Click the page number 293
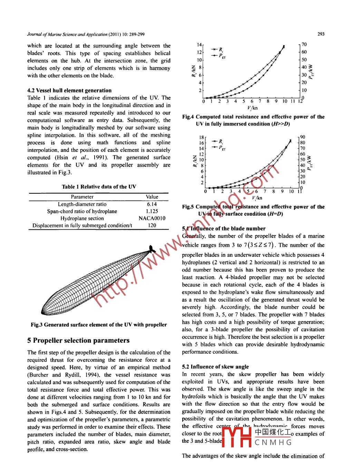pyautogui.click(x=321, y=34)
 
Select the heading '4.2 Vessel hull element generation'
pyautogui.click(x=69, y=91)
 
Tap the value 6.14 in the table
pyautogui.click(x=152, y=204)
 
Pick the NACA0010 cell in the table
pyautogui.click(x=152, y=218)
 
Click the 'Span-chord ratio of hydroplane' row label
pyautogui.click(x=82, y=211)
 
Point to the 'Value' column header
pyautogui.click(x=152, y=197)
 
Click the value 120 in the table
pyautogui.click(x=152, y=225)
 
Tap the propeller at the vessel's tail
pyautogui.click(x=151, y=249)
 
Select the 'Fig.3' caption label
pyautogui.click(x=37, y=325)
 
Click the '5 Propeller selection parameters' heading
pyautogui.click(x=78, y=341)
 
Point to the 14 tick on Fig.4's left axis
pyautogui.click(x=199, y=45)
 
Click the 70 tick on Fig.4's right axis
pyautogui.click(x=304, y=45)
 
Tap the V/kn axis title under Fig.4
pyautogui.click(x=252, y=108)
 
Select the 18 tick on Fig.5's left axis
pyautogui.click(x=201, y=137)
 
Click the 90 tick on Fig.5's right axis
pyautogui.click(x=303, y=137)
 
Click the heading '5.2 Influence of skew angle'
pyautogui.click(x=215, y=367)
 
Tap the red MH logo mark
pyautogui.click(x=236, y=437)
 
